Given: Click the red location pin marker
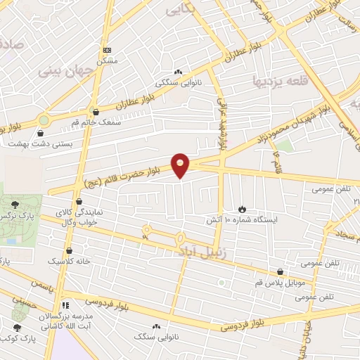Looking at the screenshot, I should tap(181, 165).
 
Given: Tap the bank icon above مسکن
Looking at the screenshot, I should tap(107, 50).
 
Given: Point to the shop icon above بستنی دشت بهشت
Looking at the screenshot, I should tap(40, 133).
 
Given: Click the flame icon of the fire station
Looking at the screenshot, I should tap(242, 209).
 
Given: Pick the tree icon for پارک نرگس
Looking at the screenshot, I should tap(15, 202).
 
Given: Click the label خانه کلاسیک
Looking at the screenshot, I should tap(70, 261).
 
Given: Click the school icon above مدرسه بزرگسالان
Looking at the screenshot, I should tap(65, 305).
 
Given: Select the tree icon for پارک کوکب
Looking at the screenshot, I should tap(17, 327).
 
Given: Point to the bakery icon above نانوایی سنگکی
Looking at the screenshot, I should tap(178, 72).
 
